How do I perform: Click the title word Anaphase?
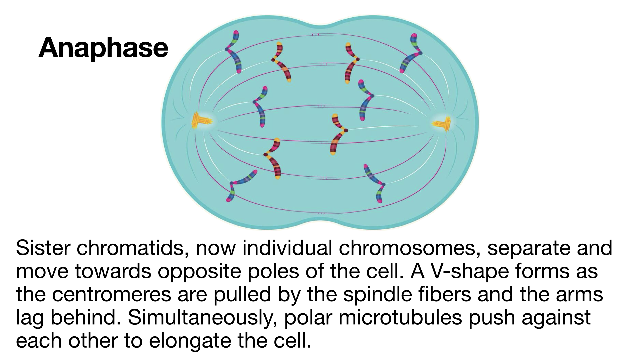pyautogui.click(x=103, y=48)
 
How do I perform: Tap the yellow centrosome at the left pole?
pyautogui.click(x=201, y=121)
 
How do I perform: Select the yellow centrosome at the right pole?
pyautogui.click(x=442, y=124)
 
